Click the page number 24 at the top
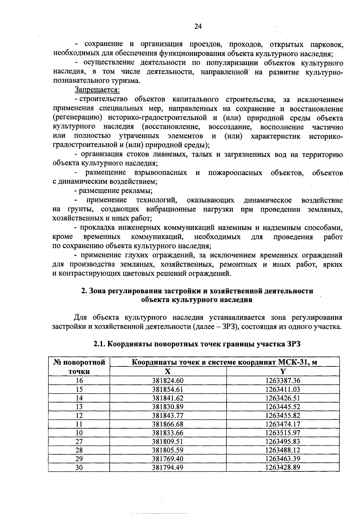tap(198, 26)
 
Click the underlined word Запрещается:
tap(97, 90)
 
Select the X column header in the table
tap(168, 372)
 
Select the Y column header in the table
tap(283, 372)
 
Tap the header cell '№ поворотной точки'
tap(79, 367)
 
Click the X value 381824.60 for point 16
tap(168, 381)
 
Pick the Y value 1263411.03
tap(283, 389)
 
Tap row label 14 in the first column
tap(79, 398)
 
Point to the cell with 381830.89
tap(168, 407)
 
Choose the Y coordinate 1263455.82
tap(283, 415)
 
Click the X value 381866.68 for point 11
tap(168, 424)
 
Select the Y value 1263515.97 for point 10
tap(283, 433)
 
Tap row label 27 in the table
tap(79, 441)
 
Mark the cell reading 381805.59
tap(168, 450)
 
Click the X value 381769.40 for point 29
tap(168, 459)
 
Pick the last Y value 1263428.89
tap(283, 468)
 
